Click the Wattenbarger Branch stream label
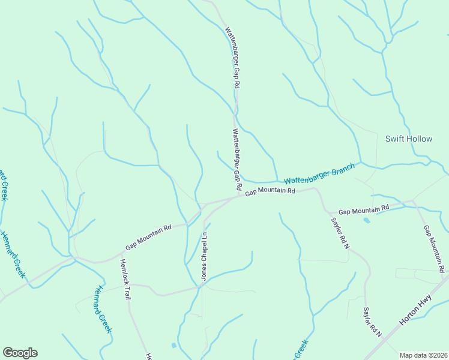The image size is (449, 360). pos(319,175)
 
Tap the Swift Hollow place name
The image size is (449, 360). pos(408,139)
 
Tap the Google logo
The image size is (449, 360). pos(20,353)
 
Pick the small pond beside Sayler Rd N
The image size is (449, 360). pos(367,220)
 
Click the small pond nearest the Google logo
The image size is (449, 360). pos(174,346)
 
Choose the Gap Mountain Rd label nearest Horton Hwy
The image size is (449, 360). pos(435,247)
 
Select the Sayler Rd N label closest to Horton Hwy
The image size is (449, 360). pos(372,322)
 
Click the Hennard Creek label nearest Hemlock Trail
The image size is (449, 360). pos(101,308)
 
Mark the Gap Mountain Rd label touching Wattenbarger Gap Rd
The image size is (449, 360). pos(270,191)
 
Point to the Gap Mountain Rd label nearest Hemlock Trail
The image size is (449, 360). pos(148,237)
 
